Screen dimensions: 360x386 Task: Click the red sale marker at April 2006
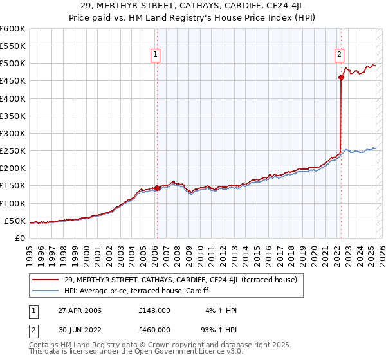coord(157,188)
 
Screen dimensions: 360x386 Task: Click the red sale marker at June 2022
coord(341,78)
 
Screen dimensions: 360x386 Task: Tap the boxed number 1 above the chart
coord(156,55)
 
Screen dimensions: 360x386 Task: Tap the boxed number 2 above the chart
coord(339,55)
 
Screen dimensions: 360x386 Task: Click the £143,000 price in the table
coord(154,310)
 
